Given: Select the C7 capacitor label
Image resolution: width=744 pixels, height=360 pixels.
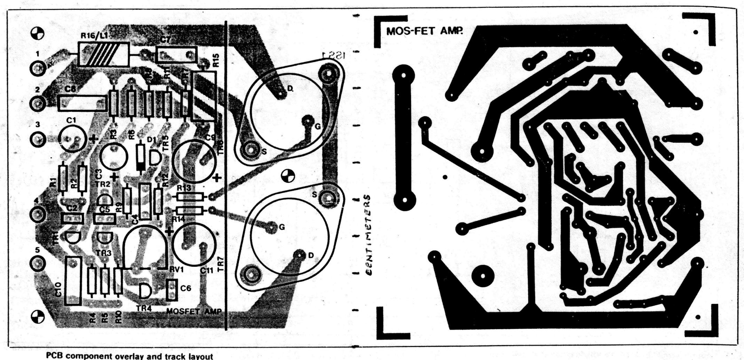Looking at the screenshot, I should click(x=166, y=40).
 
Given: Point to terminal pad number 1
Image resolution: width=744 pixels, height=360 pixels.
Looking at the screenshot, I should click(x=37, y=68).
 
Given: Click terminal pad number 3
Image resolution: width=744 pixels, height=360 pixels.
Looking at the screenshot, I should click(x=37, y=139).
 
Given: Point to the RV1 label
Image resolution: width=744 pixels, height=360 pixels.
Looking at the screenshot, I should click(x=176, y=270).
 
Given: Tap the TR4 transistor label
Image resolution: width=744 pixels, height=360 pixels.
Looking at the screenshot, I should click(x=144, y=308).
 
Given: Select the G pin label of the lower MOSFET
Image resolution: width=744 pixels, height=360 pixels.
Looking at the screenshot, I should click(x=282, y=227).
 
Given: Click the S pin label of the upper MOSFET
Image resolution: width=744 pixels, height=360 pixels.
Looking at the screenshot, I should click(x=264, y=151).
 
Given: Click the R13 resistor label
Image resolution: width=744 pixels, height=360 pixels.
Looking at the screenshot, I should click(x=184, y=188).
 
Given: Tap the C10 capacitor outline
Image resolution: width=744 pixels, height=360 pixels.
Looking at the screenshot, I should click(x=73, y=281).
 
